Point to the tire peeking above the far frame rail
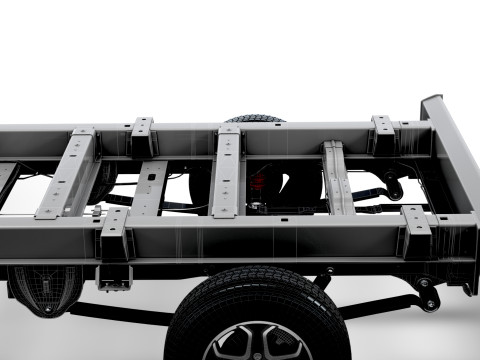click(x=255, y=119)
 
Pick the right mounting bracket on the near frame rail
click(x=415, y=232)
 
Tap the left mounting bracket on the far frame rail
click(x=143, y=138)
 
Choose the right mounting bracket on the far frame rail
click(x=382, y=136)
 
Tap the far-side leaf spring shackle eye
click(x=396, y=188)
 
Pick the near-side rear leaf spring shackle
click(x=429, y=295)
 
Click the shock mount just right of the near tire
click(x=322, y=280)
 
